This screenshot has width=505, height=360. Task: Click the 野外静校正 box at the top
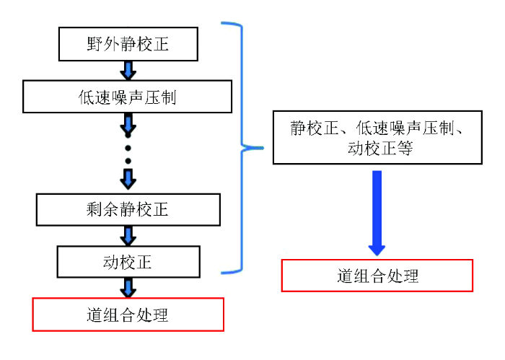coord(128,44)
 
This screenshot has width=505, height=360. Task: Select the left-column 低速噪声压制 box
coord(128,97)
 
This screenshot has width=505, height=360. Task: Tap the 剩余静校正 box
coord(128,209)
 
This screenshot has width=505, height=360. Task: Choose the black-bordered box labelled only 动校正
coord(128,261)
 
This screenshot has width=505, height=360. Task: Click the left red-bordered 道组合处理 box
coord(128,315)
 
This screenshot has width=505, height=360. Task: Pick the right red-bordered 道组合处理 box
coord(377,276)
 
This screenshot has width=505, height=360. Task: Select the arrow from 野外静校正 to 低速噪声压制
coord(128,70)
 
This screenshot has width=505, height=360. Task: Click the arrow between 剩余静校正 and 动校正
coord(128,235)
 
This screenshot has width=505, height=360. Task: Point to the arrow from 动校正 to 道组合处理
coord(128,287)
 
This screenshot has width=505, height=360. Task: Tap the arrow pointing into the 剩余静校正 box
coord(128,178)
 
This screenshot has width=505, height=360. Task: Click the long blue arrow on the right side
coord(377,213)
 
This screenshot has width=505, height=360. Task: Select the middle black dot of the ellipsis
coord(128,148)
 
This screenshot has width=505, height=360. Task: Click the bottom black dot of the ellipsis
coord(128,162)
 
